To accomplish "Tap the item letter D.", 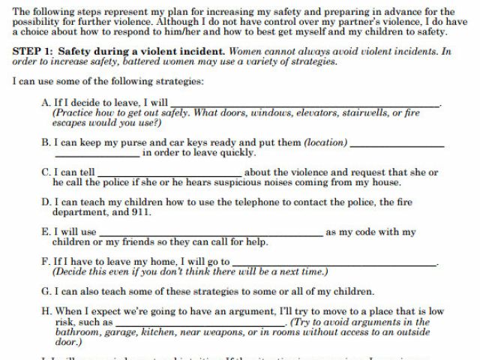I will [x=46, y=202].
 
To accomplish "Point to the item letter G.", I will [x=46, y=292].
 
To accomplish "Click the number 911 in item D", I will [x=142, y=212].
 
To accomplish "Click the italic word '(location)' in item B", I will [x=325, y=142].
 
